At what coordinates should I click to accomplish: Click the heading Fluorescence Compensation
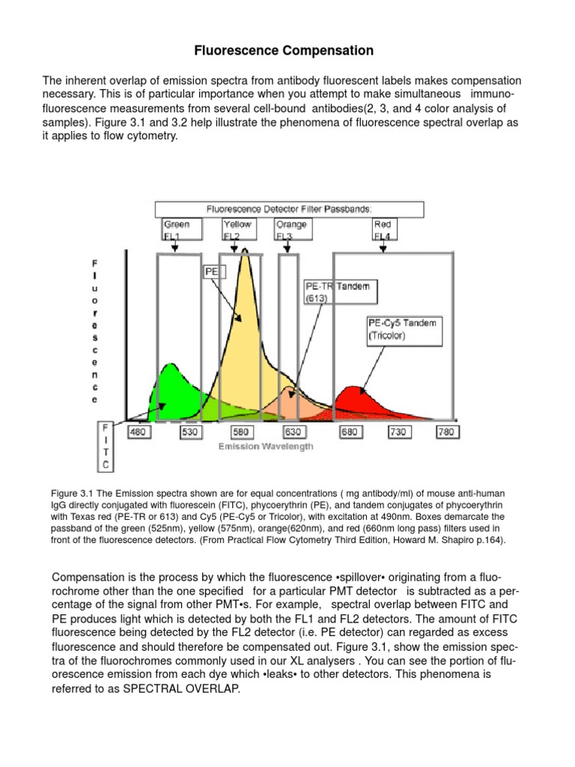284,51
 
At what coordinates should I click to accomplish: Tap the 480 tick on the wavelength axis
140,432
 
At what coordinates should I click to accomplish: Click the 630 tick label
293,432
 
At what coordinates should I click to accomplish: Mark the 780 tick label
446,432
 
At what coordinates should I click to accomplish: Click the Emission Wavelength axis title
266,446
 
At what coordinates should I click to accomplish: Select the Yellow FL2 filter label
237,229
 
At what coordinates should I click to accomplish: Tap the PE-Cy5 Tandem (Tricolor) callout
401,329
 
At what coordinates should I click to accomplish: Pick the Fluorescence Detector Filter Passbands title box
289,209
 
